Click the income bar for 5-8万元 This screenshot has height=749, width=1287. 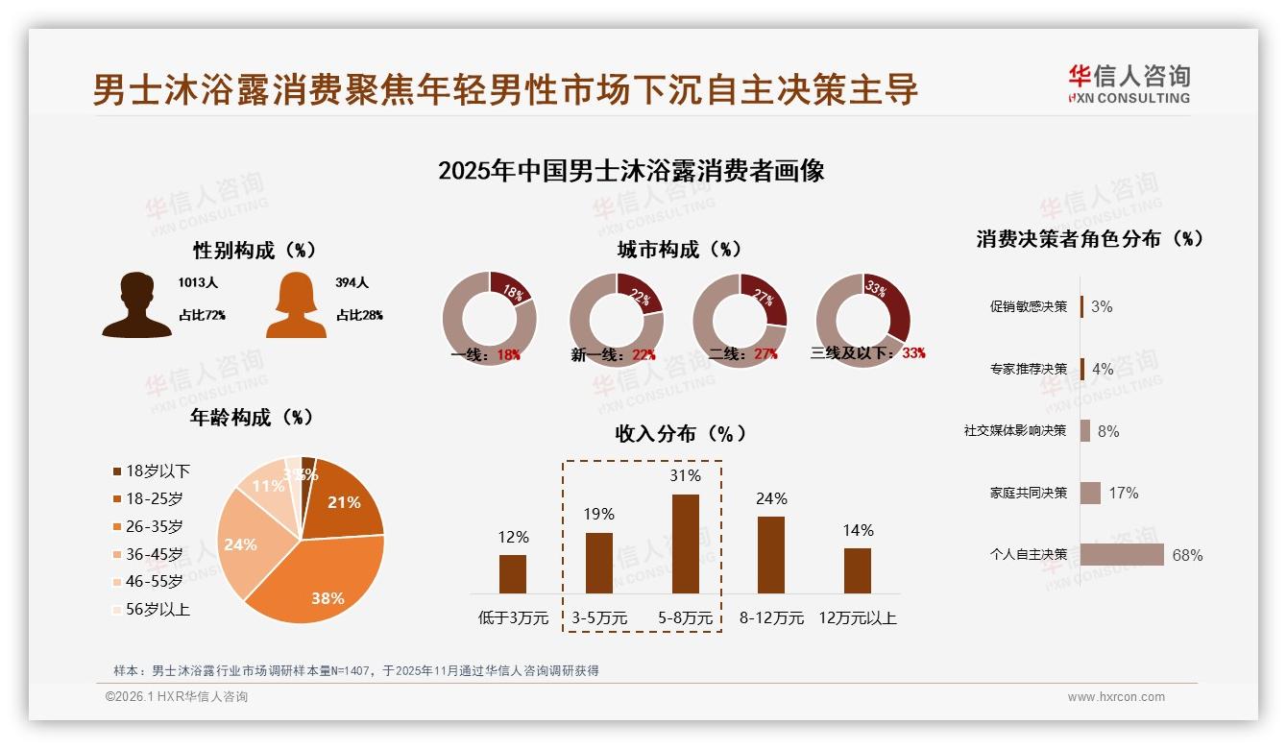(x=685, y=544)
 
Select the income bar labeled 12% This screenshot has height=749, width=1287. (x=513, y=573)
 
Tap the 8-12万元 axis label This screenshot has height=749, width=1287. (x=771, y=617)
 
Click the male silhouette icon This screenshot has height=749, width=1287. (x=136, y=305)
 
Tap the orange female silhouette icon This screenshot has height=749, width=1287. (x=296, y=305)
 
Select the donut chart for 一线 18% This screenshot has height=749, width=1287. (x=489, y=318)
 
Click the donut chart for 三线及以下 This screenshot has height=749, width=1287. (x=862, y=318)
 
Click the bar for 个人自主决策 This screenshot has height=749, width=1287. (x=1122, y=554)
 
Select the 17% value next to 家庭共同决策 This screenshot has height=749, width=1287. (x=1123, y=493)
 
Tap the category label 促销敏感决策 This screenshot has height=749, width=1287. (x=1028, y=306)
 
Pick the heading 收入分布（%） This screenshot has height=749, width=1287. (x=679, y=433)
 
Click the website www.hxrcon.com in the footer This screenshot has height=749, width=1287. (x=1115, y=697)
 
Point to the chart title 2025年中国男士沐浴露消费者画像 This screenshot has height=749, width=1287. (x=631, y=172)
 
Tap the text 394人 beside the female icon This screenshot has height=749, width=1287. (x=352, y=283)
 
